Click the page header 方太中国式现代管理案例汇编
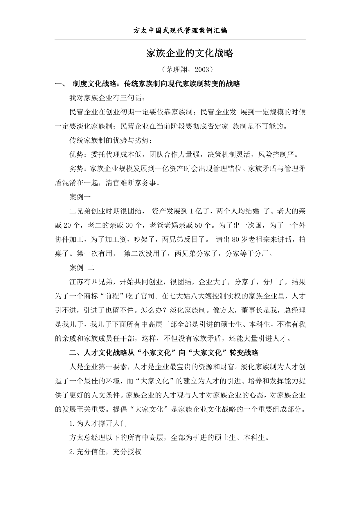point(180,30)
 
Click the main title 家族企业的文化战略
point(190,53)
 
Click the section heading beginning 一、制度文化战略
point(148,84)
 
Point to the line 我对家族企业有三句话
point(106,98)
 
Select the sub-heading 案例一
point(80,197)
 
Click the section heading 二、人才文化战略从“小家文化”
point(164,353)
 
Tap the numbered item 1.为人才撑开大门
point(98,424)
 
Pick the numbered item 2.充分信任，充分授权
point(105,452)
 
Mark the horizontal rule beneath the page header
point(180,40)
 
